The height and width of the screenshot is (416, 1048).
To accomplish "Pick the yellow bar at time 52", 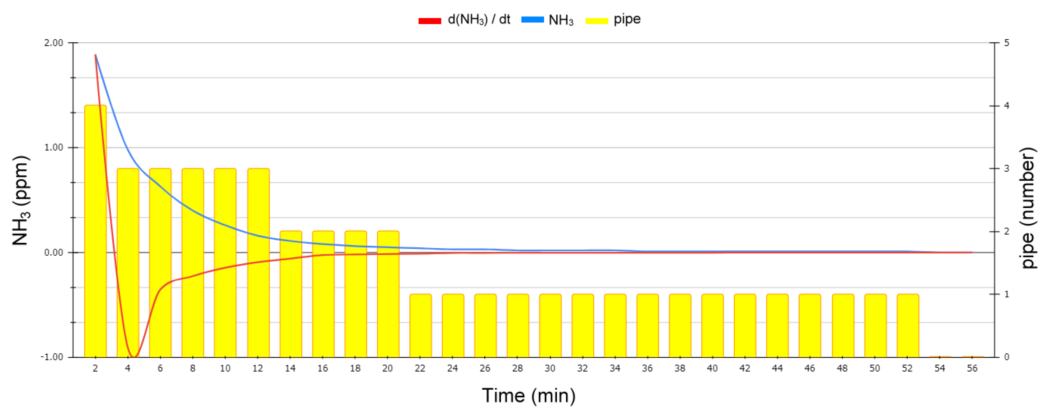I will [908, 326].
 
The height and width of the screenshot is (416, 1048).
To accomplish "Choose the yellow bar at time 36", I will [647, 326].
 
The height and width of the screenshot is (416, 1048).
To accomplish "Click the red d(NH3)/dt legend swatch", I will [430, 20].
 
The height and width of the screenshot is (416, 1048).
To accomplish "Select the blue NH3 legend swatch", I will [532, 19].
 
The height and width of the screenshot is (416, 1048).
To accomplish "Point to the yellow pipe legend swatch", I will [596, 20].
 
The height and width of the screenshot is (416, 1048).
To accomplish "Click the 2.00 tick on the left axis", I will [54, 43].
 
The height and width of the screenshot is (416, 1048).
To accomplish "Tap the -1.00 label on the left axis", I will [52, 357].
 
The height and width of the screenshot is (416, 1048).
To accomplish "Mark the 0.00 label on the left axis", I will [54, 252].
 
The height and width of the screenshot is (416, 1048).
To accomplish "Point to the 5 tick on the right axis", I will [1007, 43].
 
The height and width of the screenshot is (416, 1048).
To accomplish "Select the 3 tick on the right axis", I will [1007, 168].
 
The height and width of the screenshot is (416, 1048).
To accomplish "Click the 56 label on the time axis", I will [972, 368].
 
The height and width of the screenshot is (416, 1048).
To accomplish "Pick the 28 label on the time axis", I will [517, 368].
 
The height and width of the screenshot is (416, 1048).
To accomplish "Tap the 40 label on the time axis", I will [712, 368].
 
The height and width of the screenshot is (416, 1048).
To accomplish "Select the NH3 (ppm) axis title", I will [19, 200].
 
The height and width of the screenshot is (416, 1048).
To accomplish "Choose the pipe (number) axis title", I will [1028, 208].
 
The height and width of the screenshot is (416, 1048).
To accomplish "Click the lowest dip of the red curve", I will [134, 357].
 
